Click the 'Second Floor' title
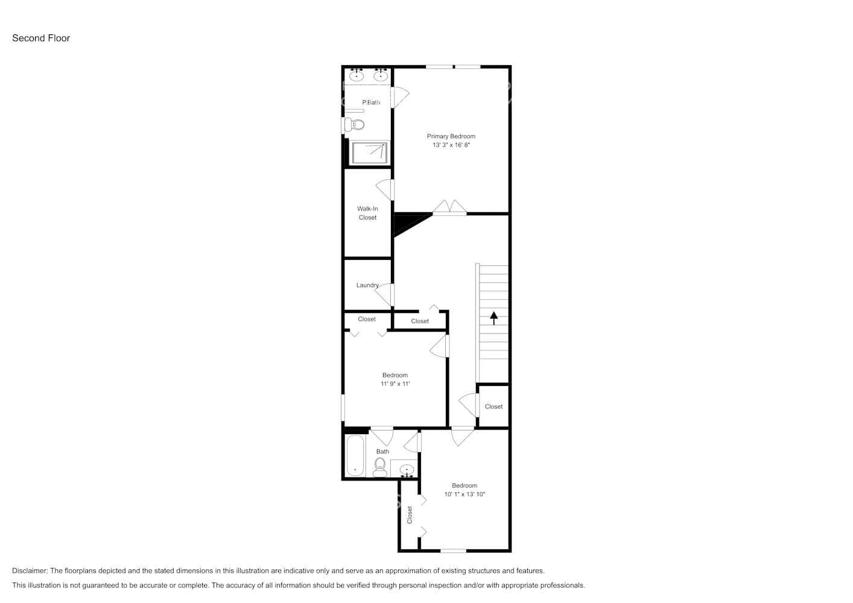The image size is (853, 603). click(41, 38)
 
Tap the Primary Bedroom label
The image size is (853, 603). click(451, 136)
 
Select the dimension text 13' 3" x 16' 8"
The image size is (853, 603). click(451, 145)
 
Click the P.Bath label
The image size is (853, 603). click(371, 103)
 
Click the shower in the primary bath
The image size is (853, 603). click(369, 153)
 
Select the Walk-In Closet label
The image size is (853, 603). click(367, 213)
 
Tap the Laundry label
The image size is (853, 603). click(367, 285)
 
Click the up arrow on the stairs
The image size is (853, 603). click(494, 318)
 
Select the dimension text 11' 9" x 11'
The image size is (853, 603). click(395, 384)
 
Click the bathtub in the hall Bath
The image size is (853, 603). click(355, 456)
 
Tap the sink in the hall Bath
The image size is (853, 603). click(407, 470)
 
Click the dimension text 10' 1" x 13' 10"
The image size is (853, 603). click(465, 494)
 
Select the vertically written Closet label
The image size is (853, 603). click(410, 514)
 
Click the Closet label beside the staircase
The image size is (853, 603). click(493, 406)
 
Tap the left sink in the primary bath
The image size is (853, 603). click(357, 75)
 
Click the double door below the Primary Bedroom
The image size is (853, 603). click(449, 207)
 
